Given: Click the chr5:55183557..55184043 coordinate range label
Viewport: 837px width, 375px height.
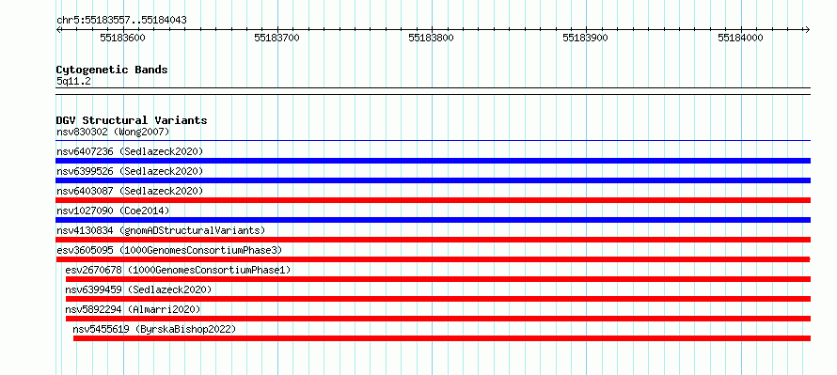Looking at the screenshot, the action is (x=121, y=21).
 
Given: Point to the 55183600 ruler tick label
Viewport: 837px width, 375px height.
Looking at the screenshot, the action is (x=122, y=38).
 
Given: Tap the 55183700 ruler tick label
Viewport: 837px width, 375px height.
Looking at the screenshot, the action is (x=276, y=38).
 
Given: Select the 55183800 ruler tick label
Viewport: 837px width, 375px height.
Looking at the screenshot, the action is (x=431, y=38).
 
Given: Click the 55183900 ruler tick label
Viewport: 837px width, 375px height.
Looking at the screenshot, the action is (x=586, y=38).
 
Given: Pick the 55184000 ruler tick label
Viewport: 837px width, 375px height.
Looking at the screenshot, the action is (x=740, y=38).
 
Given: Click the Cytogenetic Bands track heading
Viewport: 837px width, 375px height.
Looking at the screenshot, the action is (x=112, y=70).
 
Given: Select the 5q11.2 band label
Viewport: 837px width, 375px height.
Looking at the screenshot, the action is (x=73, y=82).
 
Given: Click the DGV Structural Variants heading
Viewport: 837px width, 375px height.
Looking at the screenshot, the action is (x=132, y=120).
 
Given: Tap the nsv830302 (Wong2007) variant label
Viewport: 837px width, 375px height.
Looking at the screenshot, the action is (x=113, y=132).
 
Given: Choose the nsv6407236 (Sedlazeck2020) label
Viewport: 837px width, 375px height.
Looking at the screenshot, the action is (x=130, y=151).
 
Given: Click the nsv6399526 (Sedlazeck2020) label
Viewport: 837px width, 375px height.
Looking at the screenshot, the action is (x=130, y=171).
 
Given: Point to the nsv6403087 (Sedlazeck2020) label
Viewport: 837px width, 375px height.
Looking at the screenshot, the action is (x=130, y=191).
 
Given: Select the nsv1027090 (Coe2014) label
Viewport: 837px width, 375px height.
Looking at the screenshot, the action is (x=113, y=211).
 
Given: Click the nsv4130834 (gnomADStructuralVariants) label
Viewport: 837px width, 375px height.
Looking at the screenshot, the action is (x=161, y=230).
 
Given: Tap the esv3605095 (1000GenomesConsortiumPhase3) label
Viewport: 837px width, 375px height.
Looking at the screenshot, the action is (x=169, y=250).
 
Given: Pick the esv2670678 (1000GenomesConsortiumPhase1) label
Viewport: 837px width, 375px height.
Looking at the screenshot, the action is (x=179, y=270).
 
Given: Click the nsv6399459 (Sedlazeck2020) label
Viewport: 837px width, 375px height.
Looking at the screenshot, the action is (x=139, y=289).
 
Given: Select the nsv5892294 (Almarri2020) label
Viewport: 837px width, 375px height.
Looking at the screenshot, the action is (x=134, y=309).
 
